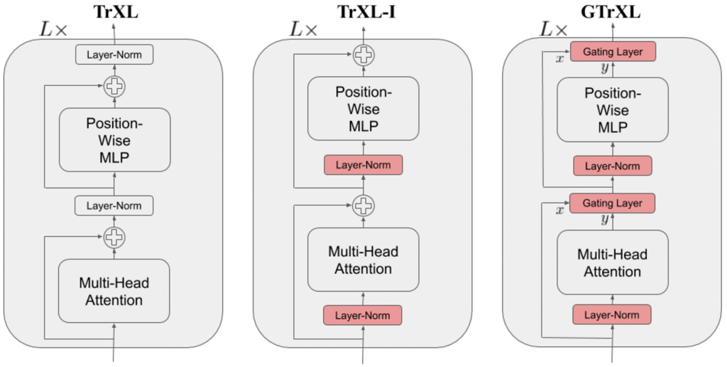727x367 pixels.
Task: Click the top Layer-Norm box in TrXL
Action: coord(114,54)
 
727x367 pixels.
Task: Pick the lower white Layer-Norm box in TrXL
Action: coord(114,206)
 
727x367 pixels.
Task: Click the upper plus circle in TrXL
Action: coord(114,87)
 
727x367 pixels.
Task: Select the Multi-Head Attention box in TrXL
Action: coord(114,292)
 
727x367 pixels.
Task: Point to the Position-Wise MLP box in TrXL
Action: coord(114,140)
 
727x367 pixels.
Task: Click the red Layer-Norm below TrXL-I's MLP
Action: coord(363,165)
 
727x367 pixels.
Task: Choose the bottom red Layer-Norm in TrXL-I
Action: coord(363,314)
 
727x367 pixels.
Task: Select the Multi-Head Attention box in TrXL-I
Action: coord(363,260)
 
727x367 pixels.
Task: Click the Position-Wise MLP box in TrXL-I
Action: coord(363,110)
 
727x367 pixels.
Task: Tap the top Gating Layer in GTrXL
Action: coord(612,52)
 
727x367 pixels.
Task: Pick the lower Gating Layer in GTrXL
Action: coord(612,203)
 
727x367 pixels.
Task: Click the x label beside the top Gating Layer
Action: coord(560,58)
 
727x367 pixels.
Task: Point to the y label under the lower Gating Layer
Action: coord(605,220)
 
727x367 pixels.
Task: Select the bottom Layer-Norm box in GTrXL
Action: coord(612,314)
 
